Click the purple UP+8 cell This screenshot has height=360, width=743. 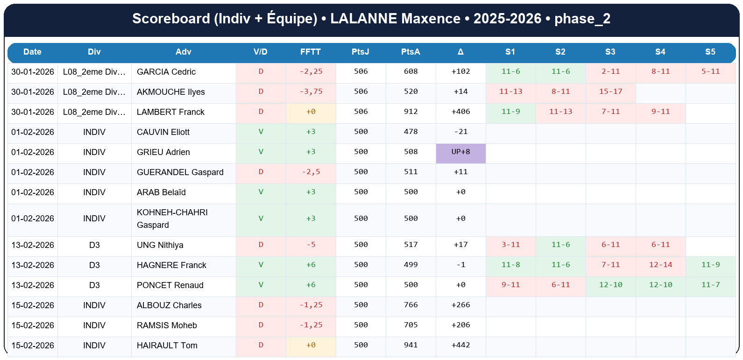pyautogui.click(x=460, y=152)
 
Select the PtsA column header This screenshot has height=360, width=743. pyautogui.click(x=410, y=52)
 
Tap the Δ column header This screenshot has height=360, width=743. pyautogui.click(x=460, y=52)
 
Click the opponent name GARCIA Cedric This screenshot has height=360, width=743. pyautogui.click(x=166, y=72)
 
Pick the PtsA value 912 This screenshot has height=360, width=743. pyautogui.click(x=410, y=112)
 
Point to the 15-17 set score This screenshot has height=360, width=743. pyautogui.click(x=610, y=92)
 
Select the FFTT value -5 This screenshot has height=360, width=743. pyautogui.click(x=311, y=245)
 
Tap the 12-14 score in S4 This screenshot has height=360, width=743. pyautogui.click(x=660, y=265)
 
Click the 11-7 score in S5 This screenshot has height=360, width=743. pyautogui.click(x=710, y=285)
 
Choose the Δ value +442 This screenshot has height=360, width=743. pyautogui.click(x=460, y=346)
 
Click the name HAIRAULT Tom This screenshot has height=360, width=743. pyautogui.click(x=167, y=346)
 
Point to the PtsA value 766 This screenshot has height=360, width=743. pyautogui.click(x=410, y=305)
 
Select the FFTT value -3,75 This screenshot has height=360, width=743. pyautogui.click(x=311, y=92)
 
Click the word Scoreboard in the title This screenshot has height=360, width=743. pyautogui.click(x=171, y=19)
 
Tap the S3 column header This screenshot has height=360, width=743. pyautogui.click(x=610, y=52)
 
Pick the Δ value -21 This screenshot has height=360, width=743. pyautogui.click(x=460, y=132)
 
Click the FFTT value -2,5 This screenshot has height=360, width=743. pyautogui.click(x=311, y=172)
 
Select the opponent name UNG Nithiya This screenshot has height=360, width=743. pyautogui.click(x=160, y=245)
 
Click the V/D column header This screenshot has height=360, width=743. pyautogui.click(x=261, y=52)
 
